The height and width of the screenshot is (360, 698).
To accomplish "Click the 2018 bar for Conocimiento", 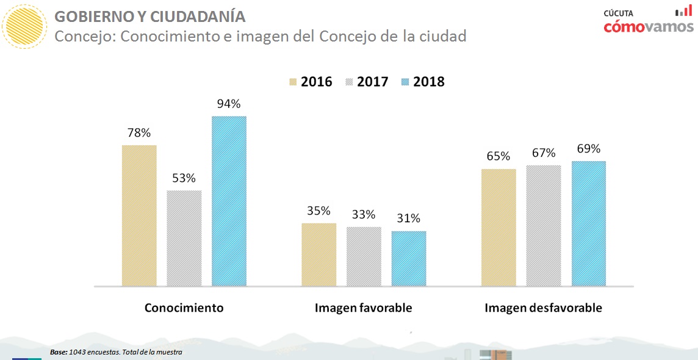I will point(229,201).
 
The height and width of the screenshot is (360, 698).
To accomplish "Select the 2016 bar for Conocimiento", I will point(139,215).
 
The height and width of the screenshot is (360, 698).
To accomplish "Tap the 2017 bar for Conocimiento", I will point(184,238).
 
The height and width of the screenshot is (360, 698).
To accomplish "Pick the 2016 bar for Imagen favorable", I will point(318,254).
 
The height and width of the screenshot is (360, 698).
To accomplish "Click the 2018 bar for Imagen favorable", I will point(409,259).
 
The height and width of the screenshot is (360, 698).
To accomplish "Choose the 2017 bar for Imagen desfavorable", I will point(543,225).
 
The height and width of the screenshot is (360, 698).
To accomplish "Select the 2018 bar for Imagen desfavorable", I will point(589,223).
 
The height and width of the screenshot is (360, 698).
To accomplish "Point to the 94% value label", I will point(229,104).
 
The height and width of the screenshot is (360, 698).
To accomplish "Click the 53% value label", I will point(184,178).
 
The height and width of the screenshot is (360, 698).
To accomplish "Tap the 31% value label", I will point(409,218).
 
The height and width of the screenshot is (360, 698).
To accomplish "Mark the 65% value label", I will point(498,156).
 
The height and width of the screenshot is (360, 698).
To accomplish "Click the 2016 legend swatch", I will point(292,82).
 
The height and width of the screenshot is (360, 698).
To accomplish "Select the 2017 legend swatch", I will point(350,82).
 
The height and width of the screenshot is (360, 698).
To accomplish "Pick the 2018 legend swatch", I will point(405,82).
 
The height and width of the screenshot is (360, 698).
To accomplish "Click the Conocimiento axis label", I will point(184,308).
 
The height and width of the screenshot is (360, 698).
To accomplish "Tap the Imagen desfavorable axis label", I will point(543,308).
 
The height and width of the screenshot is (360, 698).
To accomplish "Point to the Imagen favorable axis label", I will point(363,308).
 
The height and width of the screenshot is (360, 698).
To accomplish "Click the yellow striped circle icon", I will point(24,26).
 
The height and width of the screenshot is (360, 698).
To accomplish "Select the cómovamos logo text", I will point(649,26).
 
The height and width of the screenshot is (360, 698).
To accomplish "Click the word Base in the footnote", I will point(59,352).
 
